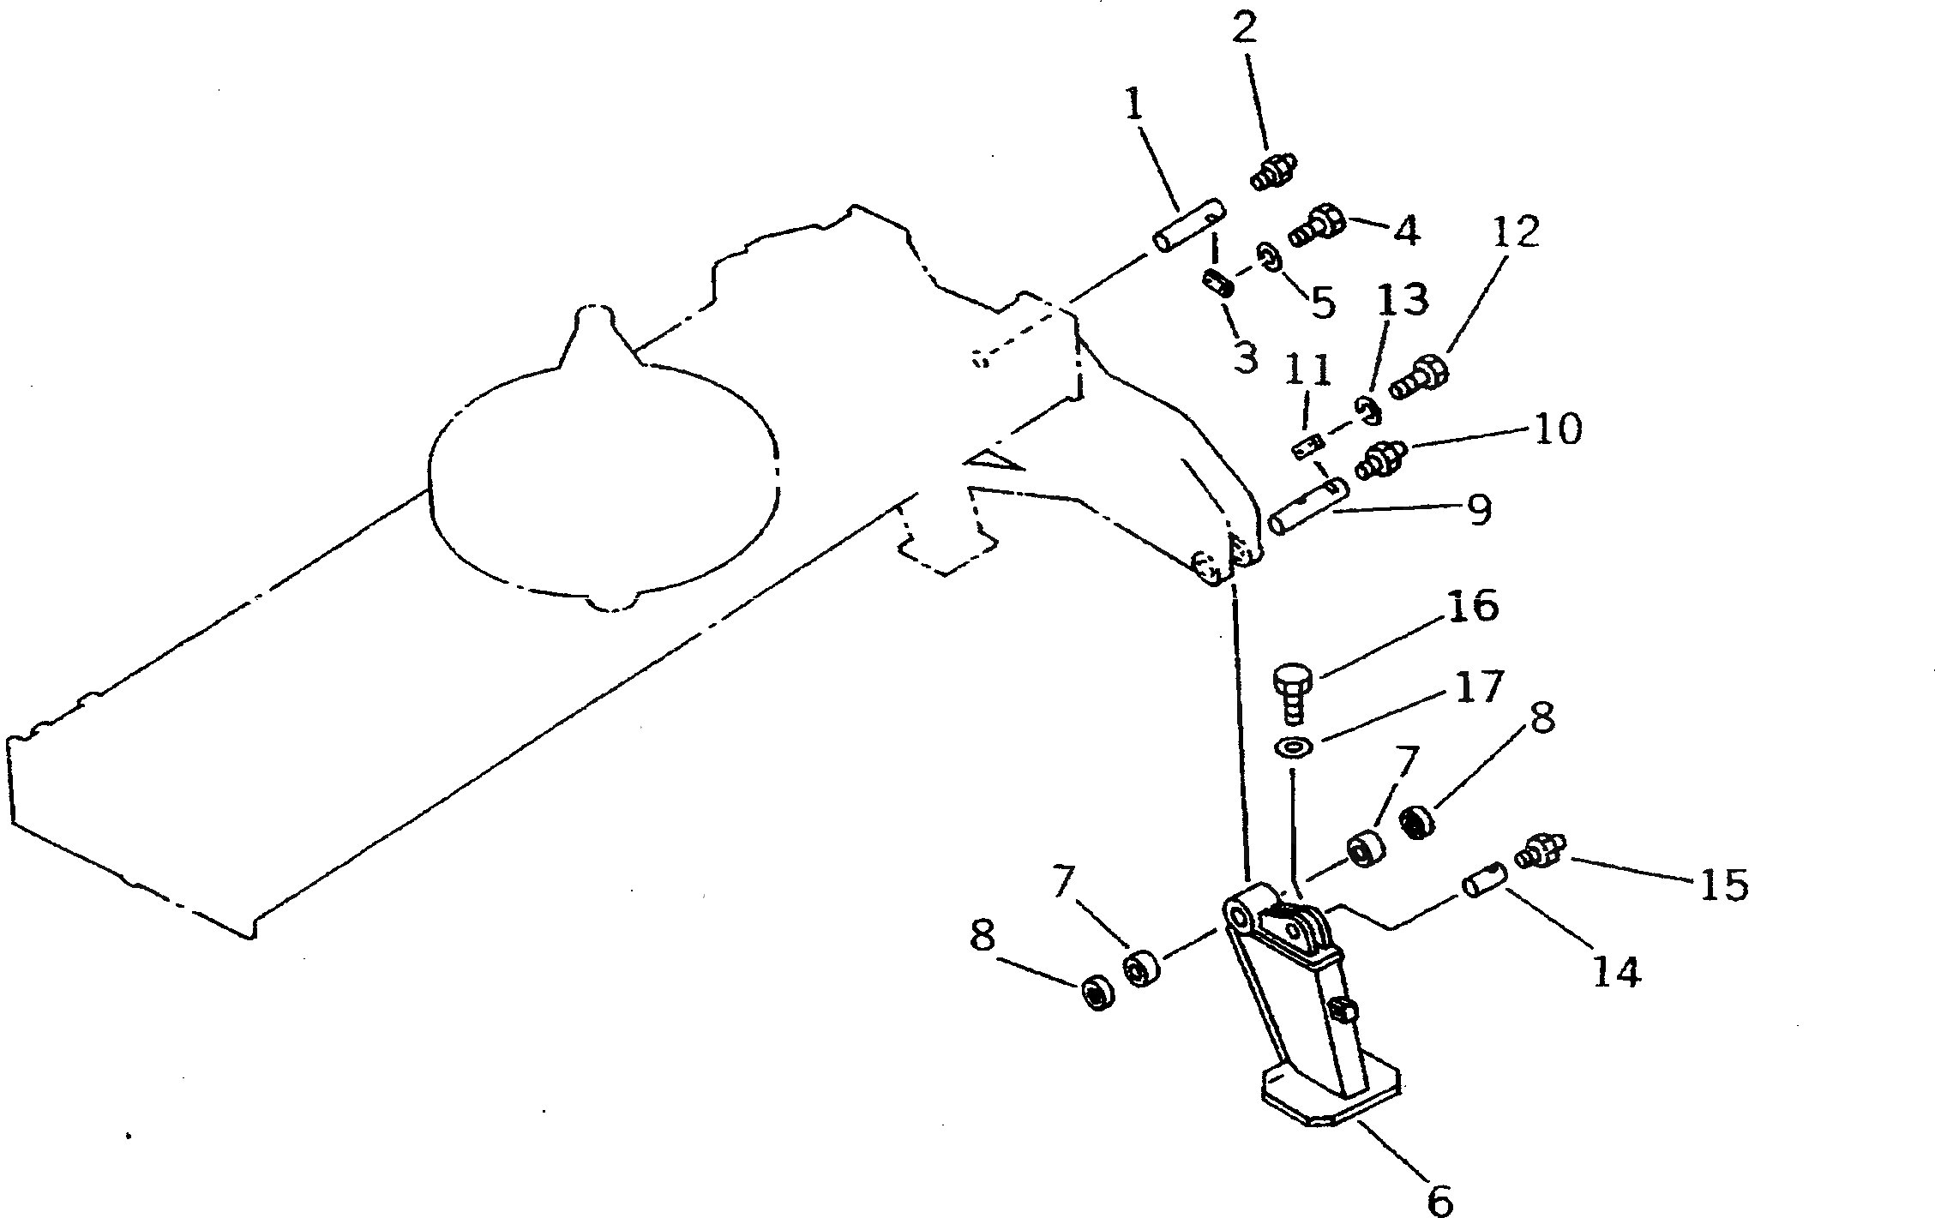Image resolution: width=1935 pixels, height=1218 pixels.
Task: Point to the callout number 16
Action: coord(1472,608)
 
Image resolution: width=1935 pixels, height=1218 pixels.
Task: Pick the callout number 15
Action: coord(1723,885)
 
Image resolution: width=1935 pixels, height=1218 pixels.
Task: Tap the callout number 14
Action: coord(1616,971)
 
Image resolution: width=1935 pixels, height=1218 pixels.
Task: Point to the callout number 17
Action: coord(1479,687)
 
